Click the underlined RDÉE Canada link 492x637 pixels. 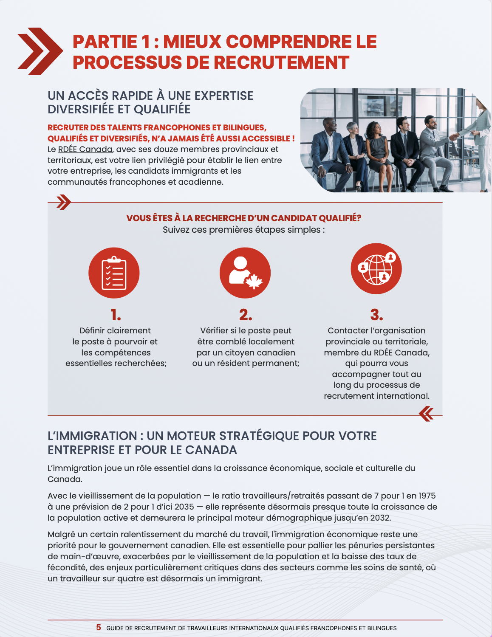pyautogui.click(x=85, y=149)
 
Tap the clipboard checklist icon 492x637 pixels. pyautogui.click(x=114, y=273)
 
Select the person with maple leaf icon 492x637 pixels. pyautogui.click(x=245, y=273)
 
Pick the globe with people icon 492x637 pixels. pyautogui.click(x=376, y=269)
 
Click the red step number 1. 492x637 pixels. pyautogui.click(x=116, y=315)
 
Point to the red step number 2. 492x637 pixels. pyautogui.click(x=246, y=315)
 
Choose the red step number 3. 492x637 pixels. pyautogui.click(x=376, y=315)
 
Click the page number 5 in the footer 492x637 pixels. pyautogui.click(x=99, y=628)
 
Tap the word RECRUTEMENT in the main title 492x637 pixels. pyautogui.click(x=281, y=62)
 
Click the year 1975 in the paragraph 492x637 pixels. pyautogui.click(x=427, y=496)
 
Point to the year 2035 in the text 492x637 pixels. pyautogui.click(x=184, y=507)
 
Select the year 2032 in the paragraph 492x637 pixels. pyautogui.click(x=379, y=518)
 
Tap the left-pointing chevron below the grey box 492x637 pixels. pyautogui.click(x=426, y=414)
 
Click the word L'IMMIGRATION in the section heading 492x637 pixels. pyautogui.click(x=92, y=436)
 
